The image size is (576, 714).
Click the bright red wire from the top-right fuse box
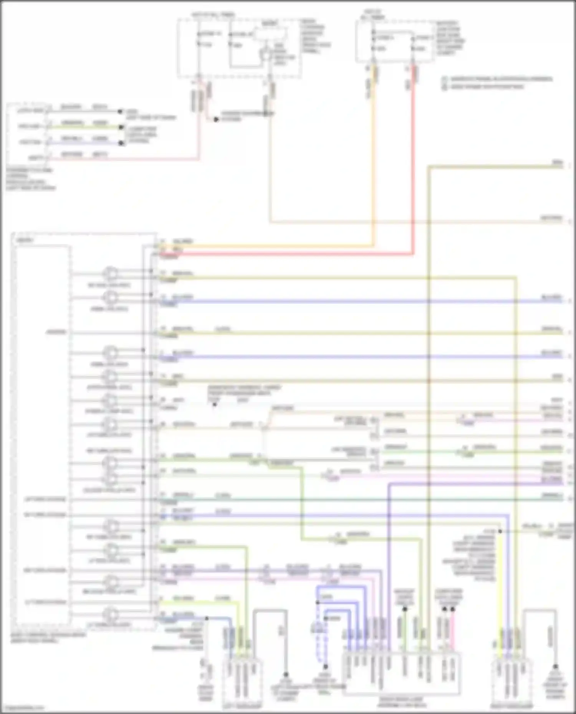(414, 161)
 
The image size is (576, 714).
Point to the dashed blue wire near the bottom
(318, 645)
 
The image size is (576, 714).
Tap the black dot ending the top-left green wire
(121, 127)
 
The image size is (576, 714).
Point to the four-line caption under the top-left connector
(31, 179)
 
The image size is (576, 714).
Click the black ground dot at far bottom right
(555, 667)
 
